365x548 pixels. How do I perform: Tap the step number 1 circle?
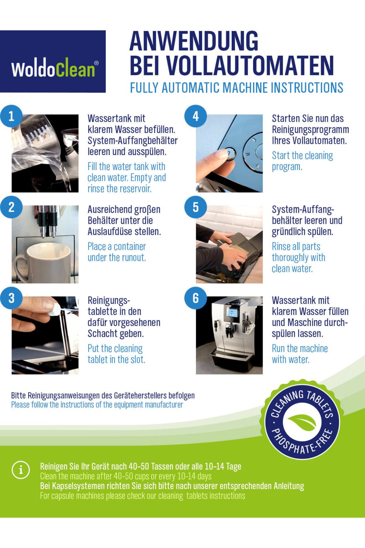click(x=11, y=116)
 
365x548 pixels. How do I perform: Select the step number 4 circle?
click(x=196, y=116)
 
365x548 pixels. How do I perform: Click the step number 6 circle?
click(x=196, y=298)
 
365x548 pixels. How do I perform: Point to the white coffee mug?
click(x=42, y=262)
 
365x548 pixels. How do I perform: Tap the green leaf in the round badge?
click(x=302, y=423)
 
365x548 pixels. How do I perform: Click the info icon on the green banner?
click(x=21, y=470)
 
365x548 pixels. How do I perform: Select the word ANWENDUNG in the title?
click(x=194, y=41)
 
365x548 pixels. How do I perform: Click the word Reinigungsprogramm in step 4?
click(x=310, y=130)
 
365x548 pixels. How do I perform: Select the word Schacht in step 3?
click(x=102, y=334)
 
